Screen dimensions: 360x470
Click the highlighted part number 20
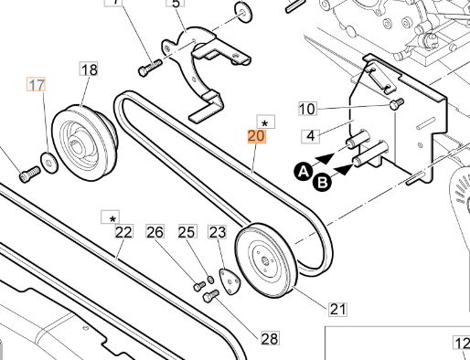point(257,138)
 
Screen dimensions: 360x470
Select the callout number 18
point(89,69)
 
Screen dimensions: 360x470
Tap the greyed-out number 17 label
point(37,86)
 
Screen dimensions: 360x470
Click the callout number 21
point(338,309)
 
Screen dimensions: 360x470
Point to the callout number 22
point(124,231)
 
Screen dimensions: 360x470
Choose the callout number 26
point(155,231)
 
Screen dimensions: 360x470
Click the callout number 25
point(187,231)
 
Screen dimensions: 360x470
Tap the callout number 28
point(269,338)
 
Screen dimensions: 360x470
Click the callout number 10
point(307,110)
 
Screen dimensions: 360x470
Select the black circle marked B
point(321,183)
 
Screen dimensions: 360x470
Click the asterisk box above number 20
point(264,122)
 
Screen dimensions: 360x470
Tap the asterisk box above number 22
point(112,217)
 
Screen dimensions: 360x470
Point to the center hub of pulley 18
point(82,142)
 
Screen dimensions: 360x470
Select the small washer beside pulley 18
point(50,164)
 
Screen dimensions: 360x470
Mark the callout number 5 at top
point(176,4)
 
